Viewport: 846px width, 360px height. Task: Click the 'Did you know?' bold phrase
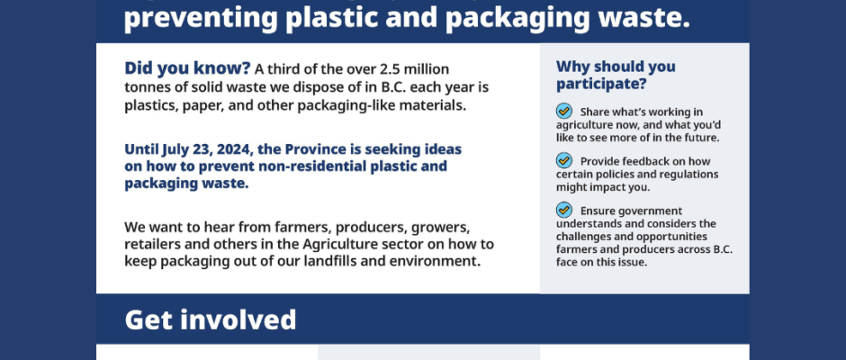click(187, 69)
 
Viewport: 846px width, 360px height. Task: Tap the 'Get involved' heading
click(211, 319)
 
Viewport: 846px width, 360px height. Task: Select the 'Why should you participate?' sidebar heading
click(616, 75)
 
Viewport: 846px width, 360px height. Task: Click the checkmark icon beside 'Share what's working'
click(563, 112)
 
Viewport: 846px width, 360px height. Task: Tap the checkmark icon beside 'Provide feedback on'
click(563, 161)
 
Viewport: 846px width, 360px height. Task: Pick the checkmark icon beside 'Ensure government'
click(563, 210)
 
